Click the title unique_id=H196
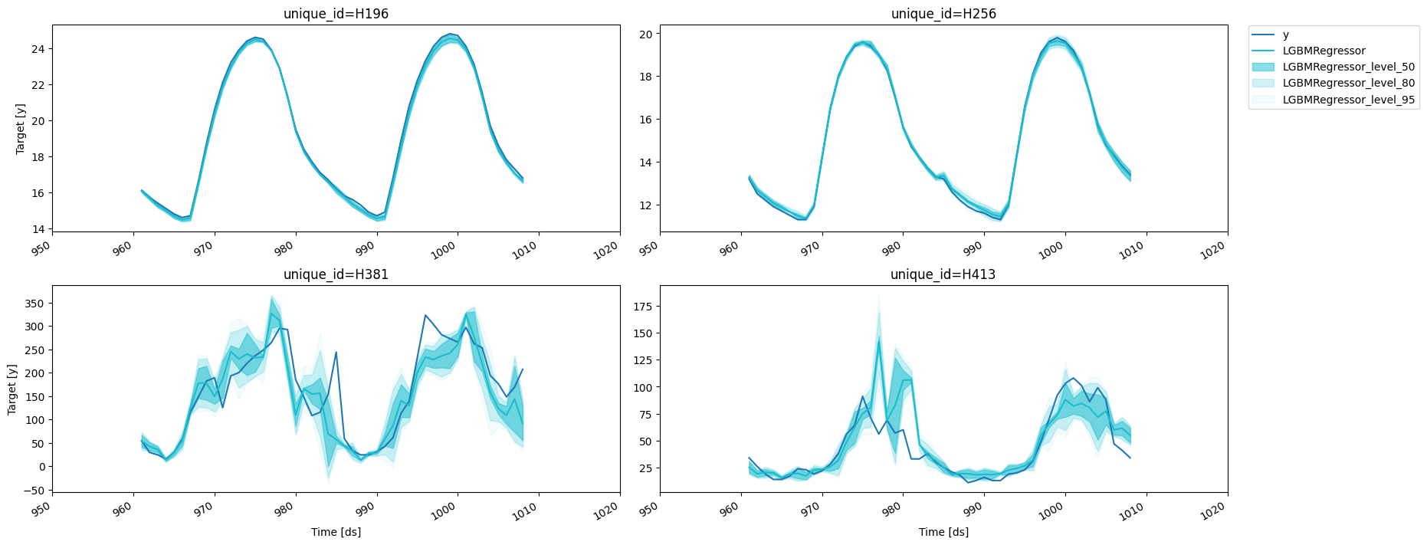coord(336,14)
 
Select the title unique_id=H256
coord(943,14)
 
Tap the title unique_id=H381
coord(336,274)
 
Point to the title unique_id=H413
coord(943,274)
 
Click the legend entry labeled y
coord(1285,35)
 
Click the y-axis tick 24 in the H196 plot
coord(38,49)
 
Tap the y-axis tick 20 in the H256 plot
coord(645,34)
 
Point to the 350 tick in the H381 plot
coord(34,304)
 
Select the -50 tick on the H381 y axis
coord(34,490)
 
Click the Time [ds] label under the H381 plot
coord(336,532)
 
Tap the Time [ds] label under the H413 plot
coord(943,532)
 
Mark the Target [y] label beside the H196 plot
coord(21,128)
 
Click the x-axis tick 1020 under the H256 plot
coord(1217,250)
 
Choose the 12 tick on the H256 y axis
coord(645,205)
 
